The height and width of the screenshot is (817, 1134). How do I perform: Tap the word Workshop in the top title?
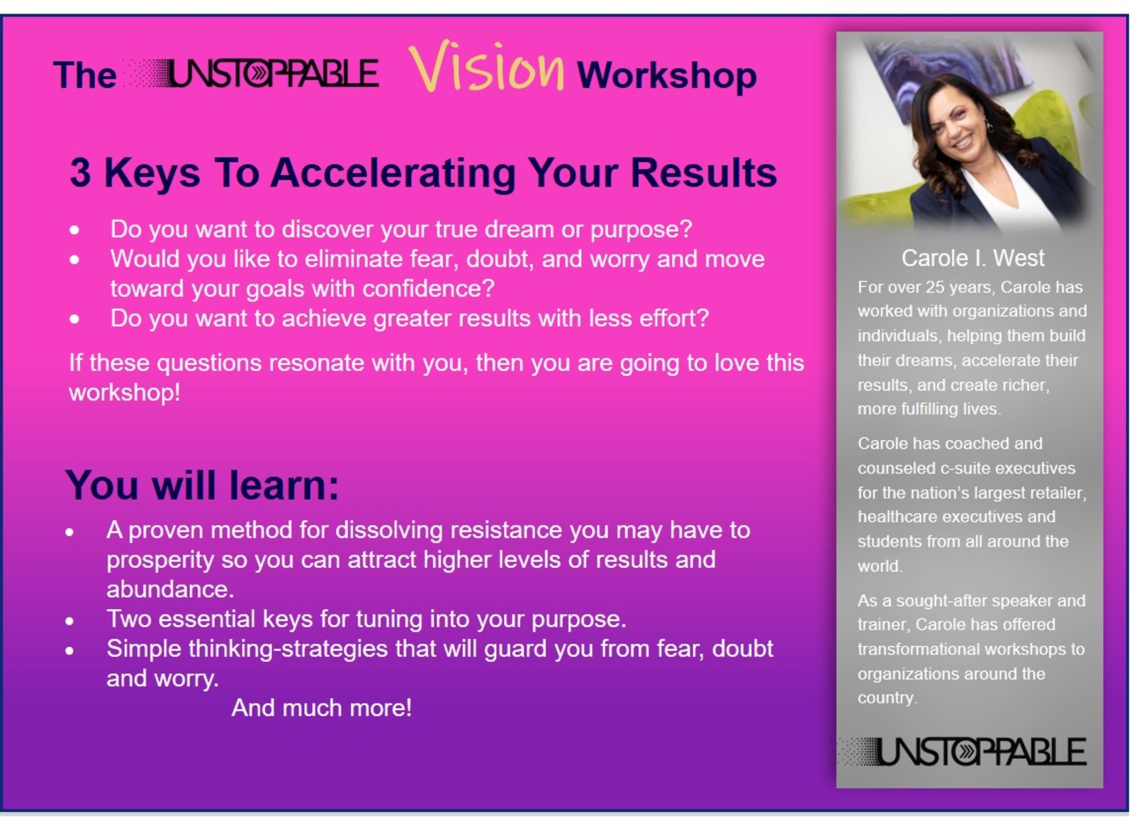666,75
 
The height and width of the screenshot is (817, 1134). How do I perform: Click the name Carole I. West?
972,258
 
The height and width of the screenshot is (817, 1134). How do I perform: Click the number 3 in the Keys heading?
80,173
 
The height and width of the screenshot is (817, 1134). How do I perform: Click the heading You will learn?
202,486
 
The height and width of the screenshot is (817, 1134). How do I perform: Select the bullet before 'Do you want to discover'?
74,230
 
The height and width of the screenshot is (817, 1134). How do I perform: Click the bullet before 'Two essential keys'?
69,621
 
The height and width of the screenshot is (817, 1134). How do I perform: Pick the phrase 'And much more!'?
321,708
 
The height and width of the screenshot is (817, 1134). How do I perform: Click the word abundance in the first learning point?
169,589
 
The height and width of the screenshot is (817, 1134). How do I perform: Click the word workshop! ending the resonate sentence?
124,392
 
